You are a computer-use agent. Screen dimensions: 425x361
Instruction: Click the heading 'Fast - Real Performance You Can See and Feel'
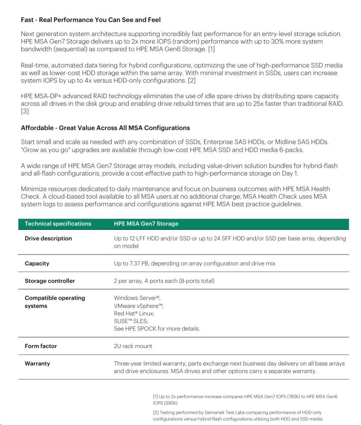coord(91,20)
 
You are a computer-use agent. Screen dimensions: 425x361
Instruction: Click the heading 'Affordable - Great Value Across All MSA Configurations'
coord(105,128)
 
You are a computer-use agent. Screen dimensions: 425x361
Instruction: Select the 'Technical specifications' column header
coord(58,224)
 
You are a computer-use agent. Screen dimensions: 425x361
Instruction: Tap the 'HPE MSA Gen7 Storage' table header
coord(146,224)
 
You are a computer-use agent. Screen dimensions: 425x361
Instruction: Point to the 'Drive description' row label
coord(48,238)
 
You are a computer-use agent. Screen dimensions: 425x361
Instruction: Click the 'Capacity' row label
coord(37,264)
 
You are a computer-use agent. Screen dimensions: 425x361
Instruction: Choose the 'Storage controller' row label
coord(49,281)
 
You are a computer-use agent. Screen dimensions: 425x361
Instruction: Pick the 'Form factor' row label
coord(41,346)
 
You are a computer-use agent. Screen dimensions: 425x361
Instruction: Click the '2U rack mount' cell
coord(133,346)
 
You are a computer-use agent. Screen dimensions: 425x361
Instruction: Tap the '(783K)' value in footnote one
coord(293,397)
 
